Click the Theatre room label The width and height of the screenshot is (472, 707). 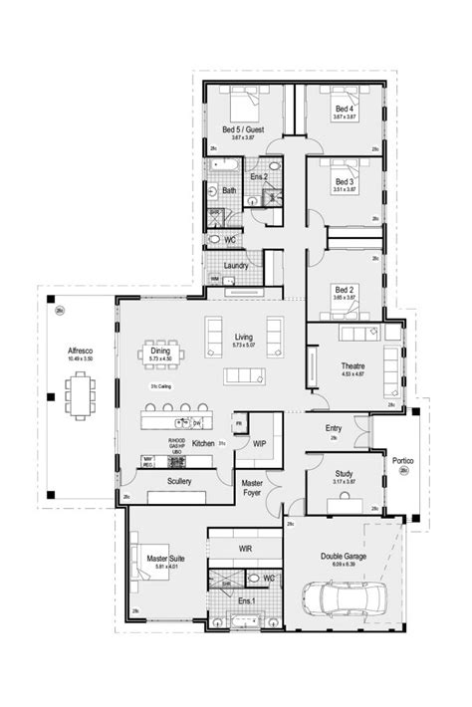tap(354, 365)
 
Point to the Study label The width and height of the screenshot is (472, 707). tap(343, 476)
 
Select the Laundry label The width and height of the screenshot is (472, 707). tap(237, 266)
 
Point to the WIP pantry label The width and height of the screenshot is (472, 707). tap(259, 441)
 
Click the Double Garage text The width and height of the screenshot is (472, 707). tap(342, 557)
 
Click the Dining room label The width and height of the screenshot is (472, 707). tap(160, 351)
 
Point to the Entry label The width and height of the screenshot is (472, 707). tap(334, 428)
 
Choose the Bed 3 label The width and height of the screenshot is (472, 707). tap(345, 181)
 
